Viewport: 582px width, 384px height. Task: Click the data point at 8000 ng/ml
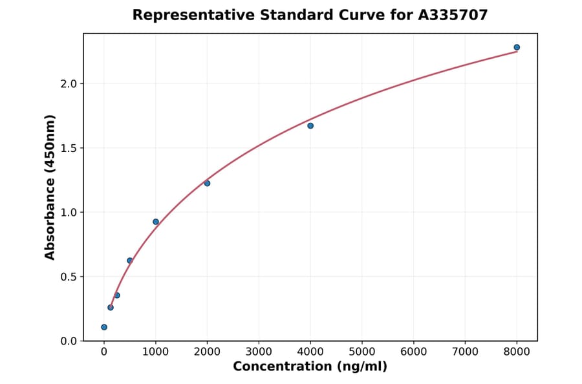pyautogui.click(x=517, y=47)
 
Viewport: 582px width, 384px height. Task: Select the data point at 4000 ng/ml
pyautogui.click(x=310, y=125)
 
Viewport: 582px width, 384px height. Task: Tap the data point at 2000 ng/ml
pyautogui.click(x=207, y=184)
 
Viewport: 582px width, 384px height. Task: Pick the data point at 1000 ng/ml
pyautogui.click(x=156, y=222)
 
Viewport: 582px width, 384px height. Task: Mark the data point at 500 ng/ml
pyautogui.click(x=130, y=261)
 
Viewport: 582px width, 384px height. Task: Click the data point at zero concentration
pyautogui.click(x=104, y=327)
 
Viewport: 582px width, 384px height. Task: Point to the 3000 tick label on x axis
pyautogui.click(x=259, y=352)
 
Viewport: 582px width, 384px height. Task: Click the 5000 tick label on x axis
pyautogui.click(x=362, y=352)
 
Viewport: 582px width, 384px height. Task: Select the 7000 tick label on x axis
pyautogui.click(x=465, y=352)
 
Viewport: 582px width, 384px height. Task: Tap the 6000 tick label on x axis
pyautogui.click(x=414, y=352)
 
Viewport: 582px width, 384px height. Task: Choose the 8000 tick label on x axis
pyautogui.click(x=517, y=352)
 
